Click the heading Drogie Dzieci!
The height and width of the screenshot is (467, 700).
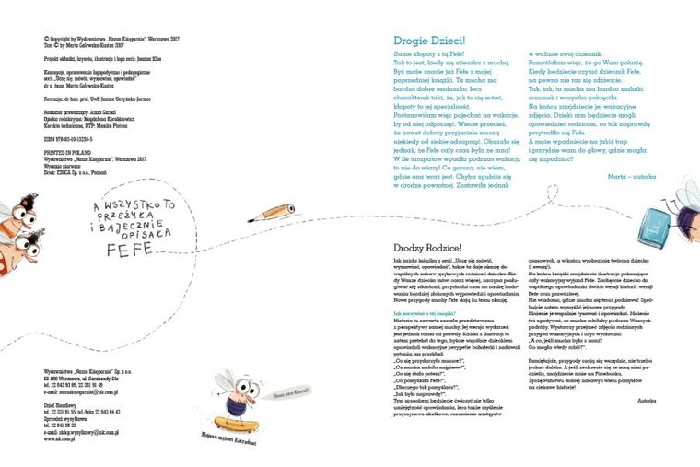pos(429,41)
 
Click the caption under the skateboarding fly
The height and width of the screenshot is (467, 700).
pos(228,443)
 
